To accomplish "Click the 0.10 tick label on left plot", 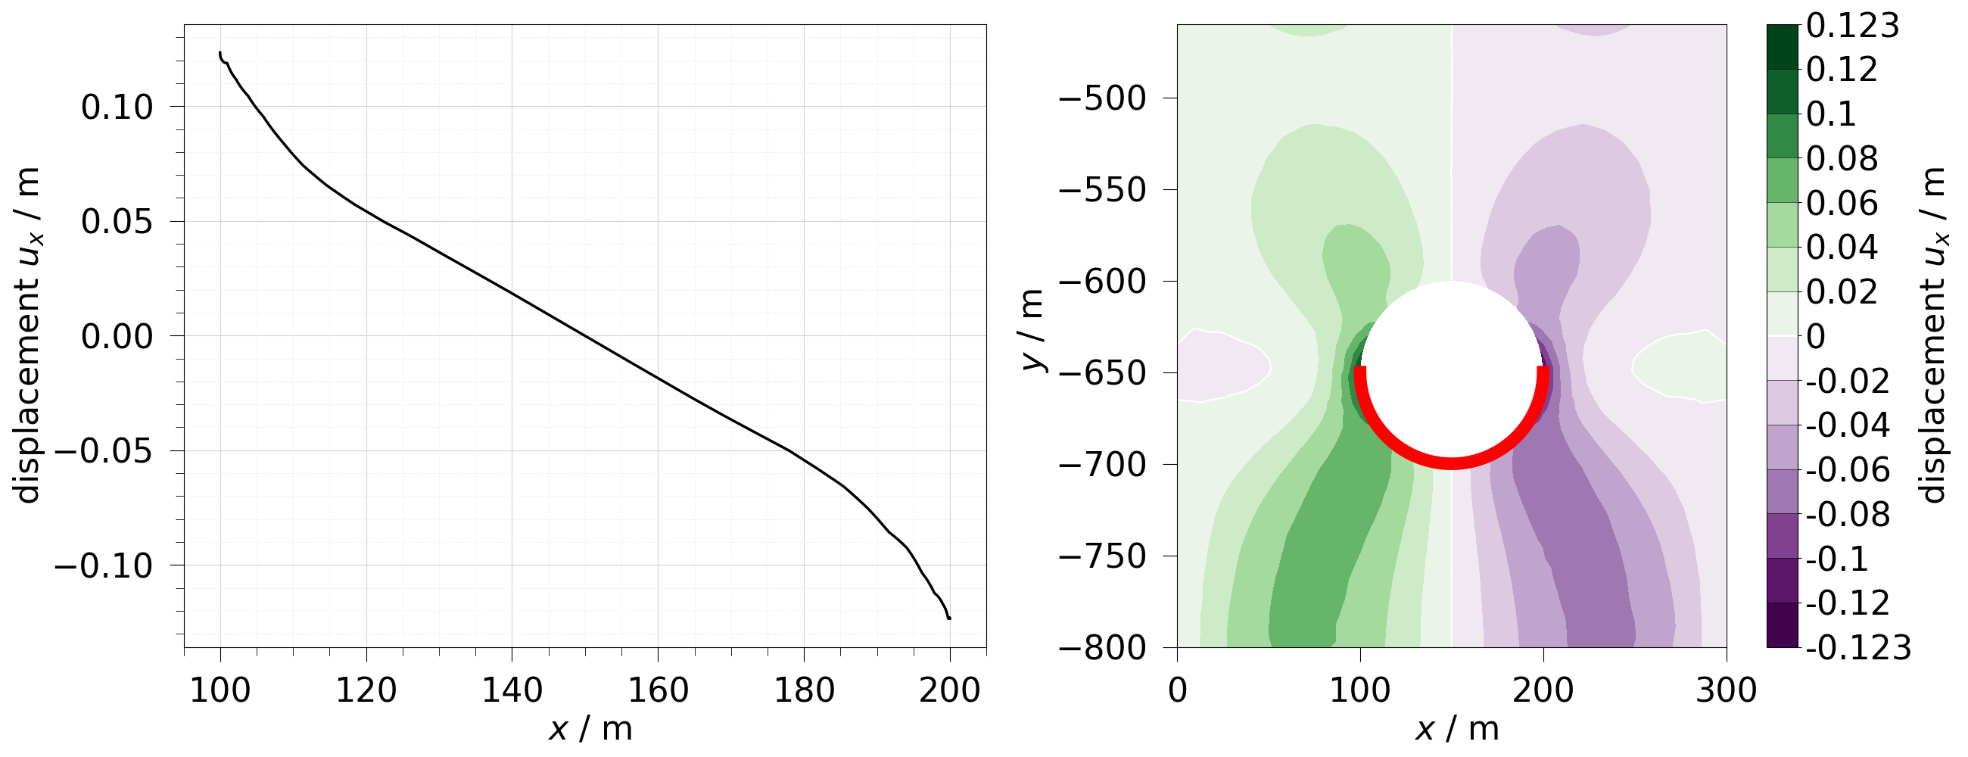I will tap(117, 107).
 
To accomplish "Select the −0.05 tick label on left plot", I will tap(104, 451).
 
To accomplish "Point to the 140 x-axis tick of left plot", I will tap(511, 690).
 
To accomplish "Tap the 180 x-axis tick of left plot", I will tap(804, 690).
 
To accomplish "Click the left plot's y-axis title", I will tap(28, 336).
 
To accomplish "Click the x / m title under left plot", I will tap(590, 729).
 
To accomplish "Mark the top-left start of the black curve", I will tap(220, 53).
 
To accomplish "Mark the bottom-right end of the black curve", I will tap(950, 618).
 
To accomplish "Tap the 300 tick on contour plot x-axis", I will tap(1727, 690).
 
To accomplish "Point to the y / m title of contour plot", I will tap(1032, 331).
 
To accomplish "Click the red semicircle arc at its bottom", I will tap(1452, 464).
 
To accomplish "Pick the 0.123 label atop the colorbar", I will tap(1853, 26).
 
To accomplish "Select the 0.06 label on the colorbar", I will tap(1841, 204).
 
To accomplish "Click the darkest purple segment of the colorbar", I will tap(1783, 625).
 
